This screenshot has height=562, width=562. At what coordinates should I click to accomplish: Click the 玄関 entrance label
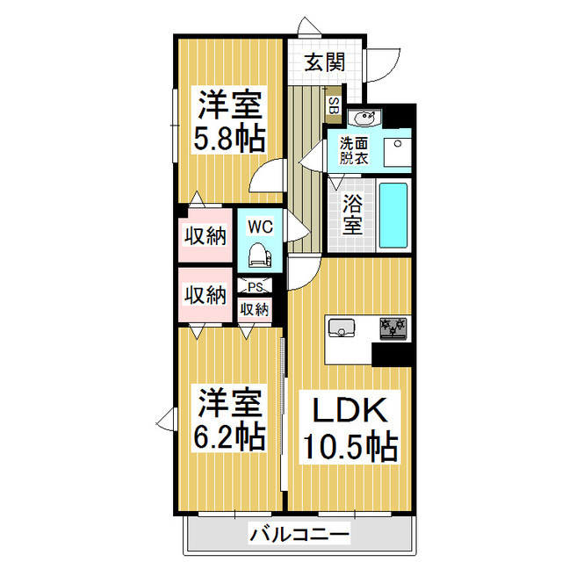324,62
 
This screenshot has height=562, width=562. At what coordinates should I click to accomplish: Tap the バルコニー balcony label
299,533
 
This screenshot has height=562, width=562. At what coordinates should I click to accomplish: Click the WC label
260,227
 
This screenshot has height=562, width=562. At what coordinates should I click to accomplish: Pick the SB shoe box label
333,105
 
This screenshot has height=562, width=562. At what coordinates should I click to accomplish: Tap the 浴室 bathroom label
352,215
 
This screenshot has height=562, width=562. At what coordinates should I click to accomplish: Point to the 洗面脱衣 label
355,151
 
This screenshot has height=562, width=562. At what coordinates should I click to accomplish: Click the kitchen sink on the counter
341,328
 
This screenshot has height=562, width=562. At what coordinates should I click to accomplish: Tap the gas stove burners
393,328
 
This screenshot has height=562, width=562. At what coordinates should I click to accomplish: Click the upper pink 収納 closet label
205,235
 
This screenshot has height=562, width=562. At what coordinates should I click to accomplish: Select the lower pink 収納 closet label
205,296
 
